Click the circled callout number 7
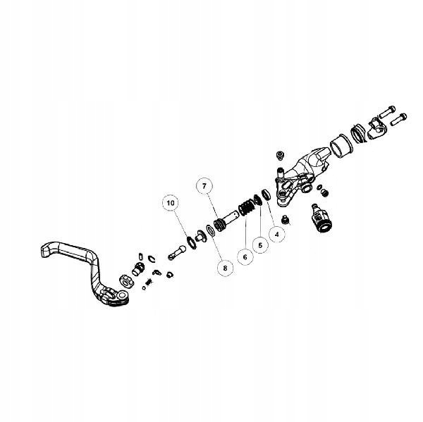coord(204,187)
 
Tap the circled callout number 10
coord(170,204)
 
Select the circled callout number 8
coord(225,268)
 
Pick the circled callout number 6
coord(245,257)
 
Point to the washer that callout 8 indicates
coord(210,230)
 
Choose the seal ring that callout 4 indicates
coord(266,194)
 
